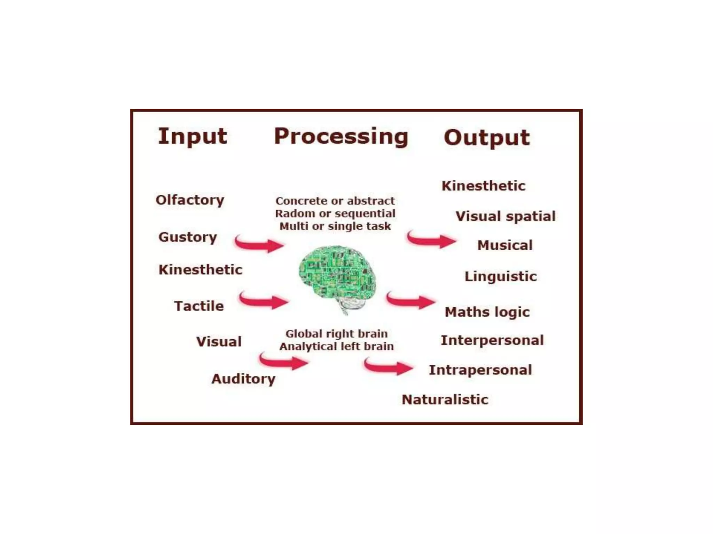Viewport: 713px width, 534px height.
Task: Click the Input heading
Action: click(x=193, y=137)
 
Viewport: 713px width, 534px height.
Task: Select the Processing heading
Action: click(x=341, y=137)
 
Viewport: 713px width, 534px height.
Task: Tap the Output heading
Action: click(x=486, y=138)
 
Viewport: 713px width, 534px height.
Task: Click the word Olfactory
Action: click(x=190, y=200)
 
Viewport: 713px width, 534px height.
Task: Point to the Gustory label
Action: click(x=188, y=237)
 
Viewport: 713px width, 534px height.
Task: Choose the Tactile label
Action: click(x=199, y=306)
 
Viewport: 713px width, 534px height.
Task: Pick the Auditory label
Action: click(x=243, y=379)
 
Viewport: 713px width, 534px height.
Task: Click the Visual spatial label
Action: click(x=506, y=217)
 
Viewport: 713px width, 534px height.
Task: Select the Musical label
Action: click(x=505, y=245)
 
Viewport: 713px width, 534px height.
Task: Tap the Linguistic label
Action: click(x=501, y=277)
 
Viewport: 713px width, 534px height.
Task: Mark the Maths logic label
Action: click(x=487, y=312)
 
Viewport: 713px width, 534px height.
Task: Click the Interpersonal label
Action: click(x=492, y=340)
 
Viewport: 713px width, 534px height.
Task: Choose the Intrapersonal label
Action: click(x=480, y=370)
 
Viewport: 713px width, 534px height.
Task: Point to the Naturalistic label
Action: click(x=445, y=400)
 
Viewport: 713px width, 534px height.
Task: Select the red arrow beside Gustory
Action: click(x=259, y=244)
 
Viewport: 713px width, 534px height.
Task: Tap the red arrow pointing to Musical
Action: click(x=432, y=240)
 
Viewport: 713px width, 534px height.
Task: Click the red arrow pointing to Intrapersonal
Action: click(x=388, y=367)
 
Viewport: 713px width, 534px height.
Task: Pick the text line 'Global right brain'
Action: click(x=336, y=334)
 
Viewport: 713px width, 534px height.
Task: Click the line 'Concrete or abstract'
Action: click(x=335, y=201)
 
